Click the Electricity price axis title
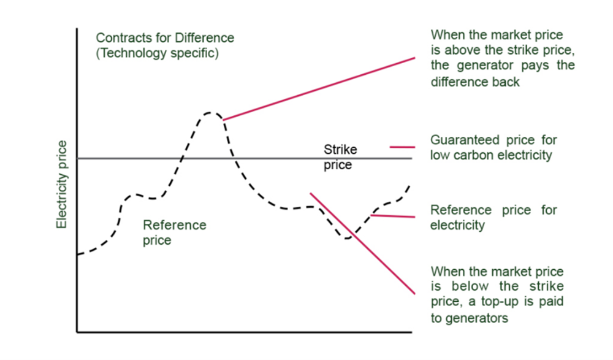click(x=61, y=185)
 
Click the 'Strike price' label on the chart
click(x=340, y=157)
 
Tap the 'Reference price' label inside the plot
click(x=174, y=232)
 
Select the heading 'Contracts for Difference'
click(x=165, y=38)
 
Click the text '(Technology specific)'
click(x=157, y=53)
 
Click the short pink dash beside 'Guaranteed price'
click(x=402, y=147)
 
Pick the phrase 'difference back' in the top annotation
click(x=475, y=82)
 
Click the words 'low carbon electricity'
click(x=491, y=155)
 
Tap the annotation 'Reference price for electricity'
click(x=493, y=217)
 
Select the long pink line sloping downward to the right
click(x=362, y=243)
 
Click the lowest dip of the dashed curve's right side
click(x=348, y=238)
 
